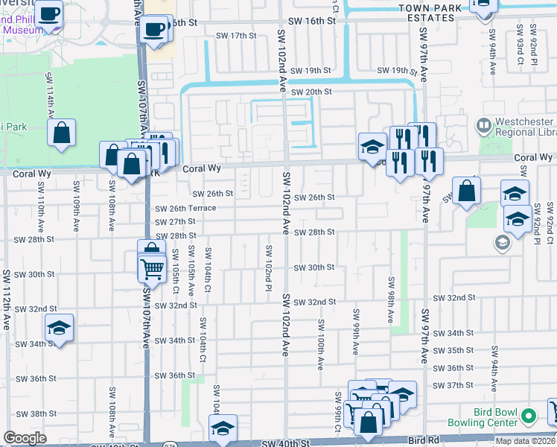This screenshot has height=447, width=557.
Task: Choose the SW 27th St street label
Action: point(174,222)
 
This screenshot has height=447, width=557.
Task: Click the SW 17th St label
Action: point(235,36)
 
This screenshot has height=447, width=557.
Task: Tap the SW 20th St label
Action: point(311,92)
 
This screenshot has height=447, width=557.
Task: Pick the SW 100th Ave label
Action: point(321,343)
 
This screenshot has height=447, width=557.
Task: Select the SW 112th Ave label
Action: point(7,310)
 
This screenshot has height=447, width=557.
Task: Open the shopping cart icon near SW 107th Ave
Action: point(152,267)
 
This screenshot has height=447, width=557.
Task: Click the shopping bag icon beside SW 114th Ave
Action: point(63,133)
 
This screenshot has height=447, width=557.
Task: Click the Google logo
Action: point(25,438)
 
